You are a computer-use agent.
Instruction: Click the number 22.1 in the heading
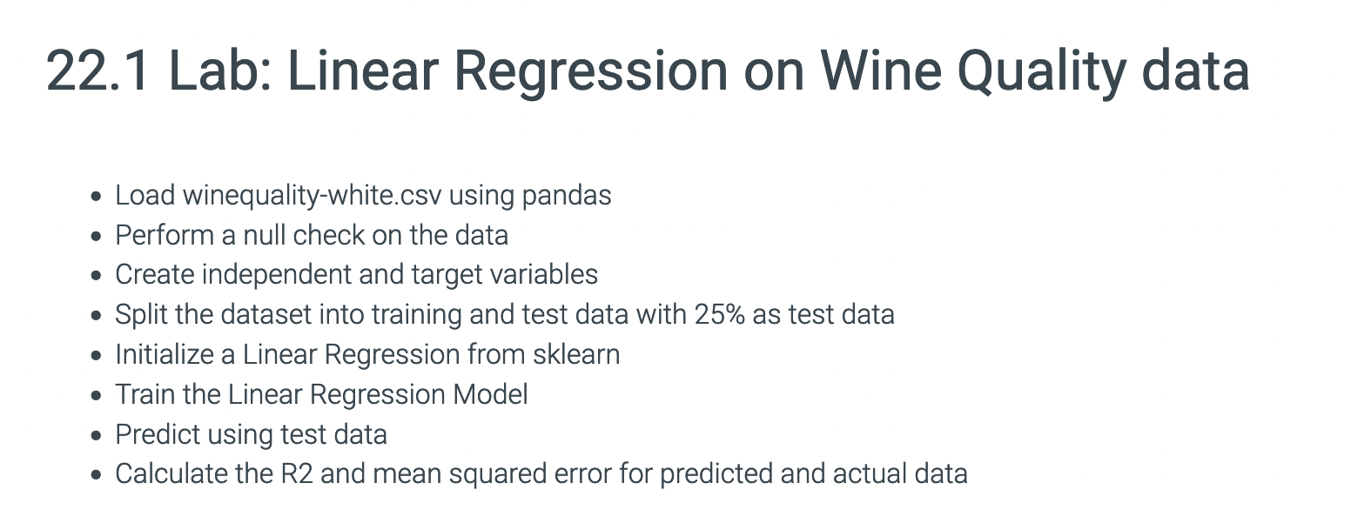pos(97,70)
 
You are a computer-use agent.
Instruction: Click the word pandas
pos(566,195)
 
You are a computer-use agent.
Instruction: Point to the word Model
pos(490,394)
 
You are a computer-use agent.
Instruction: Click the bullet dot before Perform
pos(97,236)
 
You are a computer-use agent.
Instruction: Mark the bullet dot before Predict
pos(97,435)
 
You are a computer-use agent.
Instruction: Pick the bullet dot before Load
pos(97,196)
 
